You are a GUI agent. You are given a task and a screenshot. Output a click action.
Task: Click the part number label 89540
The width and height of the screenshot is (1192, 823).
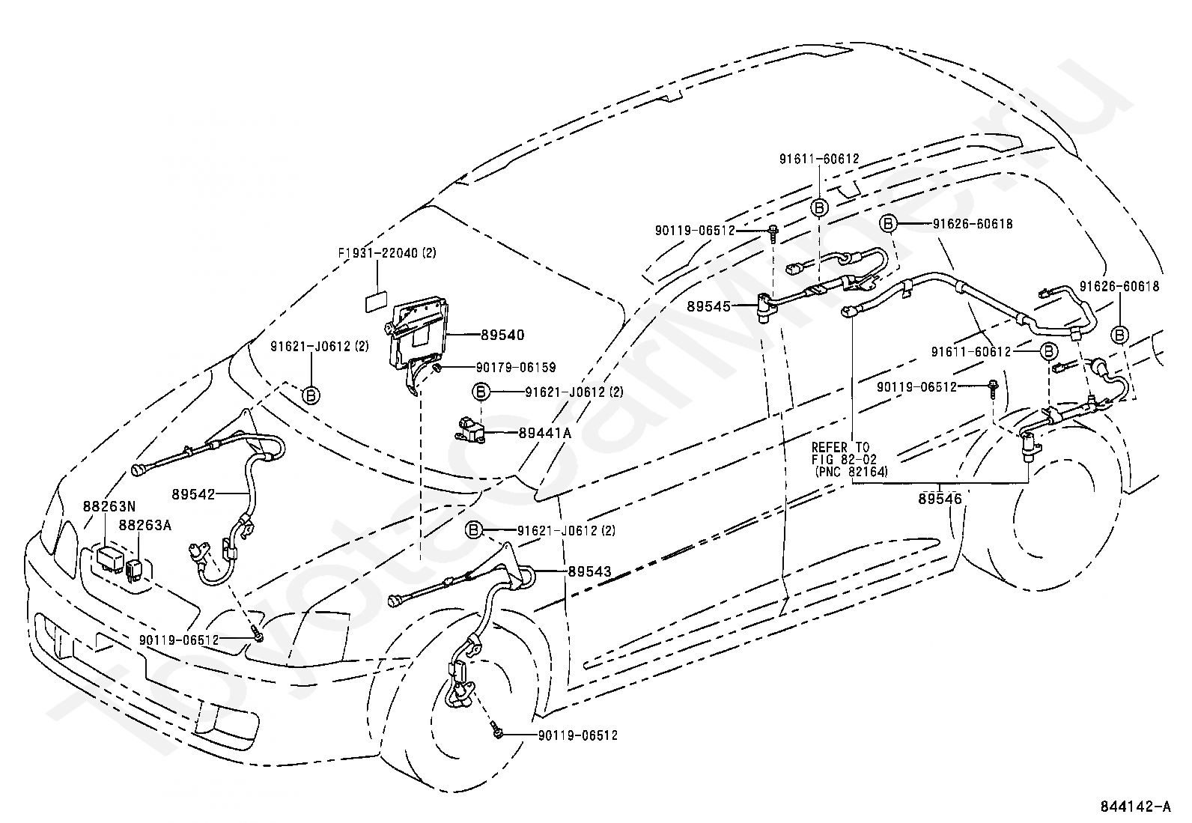(503, 335)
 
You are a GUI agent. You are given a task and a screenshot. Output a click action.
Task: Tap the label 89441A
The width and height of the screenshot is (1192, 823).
(545, 433)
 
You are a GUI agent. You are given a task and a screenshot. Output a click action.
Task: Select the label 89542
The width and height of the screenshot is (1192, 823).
(193, 494)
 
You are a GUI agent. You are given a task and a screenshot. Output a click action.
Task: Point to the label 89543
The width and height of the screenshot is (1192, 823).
(589, 571)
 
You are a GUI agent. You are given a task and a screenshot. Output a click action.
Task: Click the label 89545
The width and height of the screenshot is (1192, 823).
(708, 306)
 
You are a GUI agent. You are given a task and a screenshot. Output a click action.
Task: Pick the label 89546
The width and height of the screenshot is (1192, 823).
(940, 499)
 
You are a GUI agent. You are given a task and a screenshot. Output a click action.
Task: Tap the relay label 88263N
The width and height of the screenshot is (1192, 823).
(109, 505)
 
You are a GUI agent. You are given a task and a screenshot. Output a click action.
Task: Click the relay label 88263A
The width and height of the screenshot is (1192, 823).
(145, 525)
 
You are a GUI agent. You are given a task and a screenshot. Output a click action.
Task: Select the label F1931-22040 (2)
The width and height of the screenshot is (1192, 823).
(387, 253)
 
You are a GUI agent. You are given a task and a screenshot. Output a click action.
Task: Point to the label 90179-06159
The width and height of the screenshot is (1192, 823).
(516, 367)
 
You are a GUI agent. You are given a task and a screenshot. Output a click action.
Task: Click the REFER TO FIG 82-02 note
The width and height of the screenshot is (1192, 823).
(850, 459)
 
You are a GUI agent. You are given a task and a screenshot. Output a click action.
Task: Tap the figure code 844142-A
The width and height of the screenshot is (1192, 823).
(1135, 807)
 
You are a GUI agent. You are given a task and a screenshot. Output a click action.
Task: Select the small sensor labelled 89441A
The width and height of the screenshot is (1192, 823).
(470, 431)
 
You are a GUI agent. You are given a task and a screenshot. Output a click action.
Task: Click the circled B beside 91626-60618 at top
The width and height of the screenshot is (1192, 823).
(887, 224)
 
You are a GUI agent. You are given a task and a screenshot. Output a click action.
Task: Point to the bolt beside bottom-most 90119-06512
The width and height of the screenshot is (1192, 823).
(497, 734)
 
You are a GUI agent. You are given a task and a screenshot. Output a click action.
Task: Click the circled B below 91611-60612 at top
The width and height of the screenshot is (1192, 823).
(819, 208)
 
